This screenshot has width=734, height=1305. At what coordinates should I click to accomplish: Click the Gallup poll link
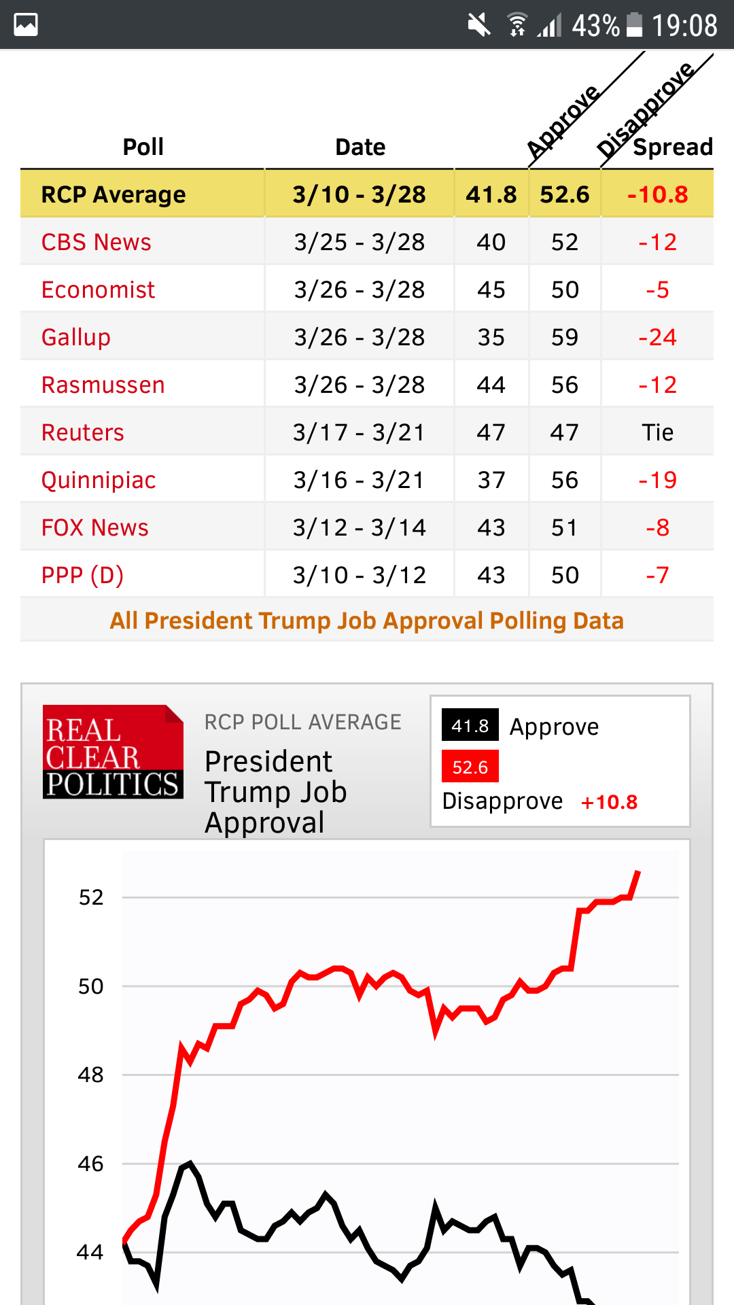point(75,337)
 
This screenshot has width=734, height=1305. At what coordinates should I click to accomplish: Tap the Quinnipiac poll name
point(99,480)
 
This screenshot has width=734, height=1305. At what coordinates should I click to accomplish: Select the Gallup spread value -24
point(657,337)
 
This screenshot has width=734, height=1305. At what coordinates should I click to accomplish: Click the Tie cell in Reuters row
point(657,432)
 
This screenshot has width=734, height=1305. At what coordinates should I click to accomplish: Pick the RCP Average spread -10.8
point(657,194)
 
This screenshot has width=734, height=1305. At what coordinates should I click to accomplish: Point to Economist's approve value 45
point(491,290)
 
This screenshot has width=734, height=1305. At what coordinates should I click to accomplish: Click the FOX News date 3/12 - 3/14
point(359,527)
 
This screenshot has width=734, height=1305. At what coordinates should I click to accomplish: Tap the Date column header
point(360,147)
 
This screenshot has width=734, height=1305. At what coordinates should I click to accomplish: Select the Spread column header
point(672,147)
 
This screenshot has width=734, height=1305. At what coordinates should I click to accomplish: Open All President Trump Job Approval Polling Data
point(367,621)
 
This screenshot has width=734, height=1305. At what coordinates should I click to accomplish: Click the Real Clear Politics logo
point(113,752)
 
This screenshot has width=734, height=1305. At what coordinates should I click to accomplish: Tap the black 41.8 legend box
point(470,726)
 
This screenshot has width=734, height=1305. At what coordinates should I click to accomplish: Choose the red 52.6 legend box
point(470,767)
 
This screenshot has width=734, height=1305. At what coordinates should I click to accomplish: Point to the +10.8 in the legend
point(609,802)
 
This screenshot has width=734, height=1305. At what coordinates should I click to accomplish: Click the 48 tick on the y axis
point(90,1075)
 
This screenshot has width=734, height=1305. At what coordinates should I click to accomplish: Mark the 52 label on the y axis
point(90,897)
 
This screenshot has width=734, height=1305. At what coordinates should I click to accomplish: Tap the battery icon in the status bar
point(634,25)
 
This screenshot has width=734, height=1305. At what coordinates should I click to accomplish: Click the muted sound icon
point(479,25)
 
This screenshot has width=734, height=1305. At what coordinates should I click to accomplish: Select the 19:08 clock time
point(684,25)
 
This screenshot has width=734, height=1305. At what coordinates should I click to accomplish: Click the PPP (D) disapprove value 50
point(565,575)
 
